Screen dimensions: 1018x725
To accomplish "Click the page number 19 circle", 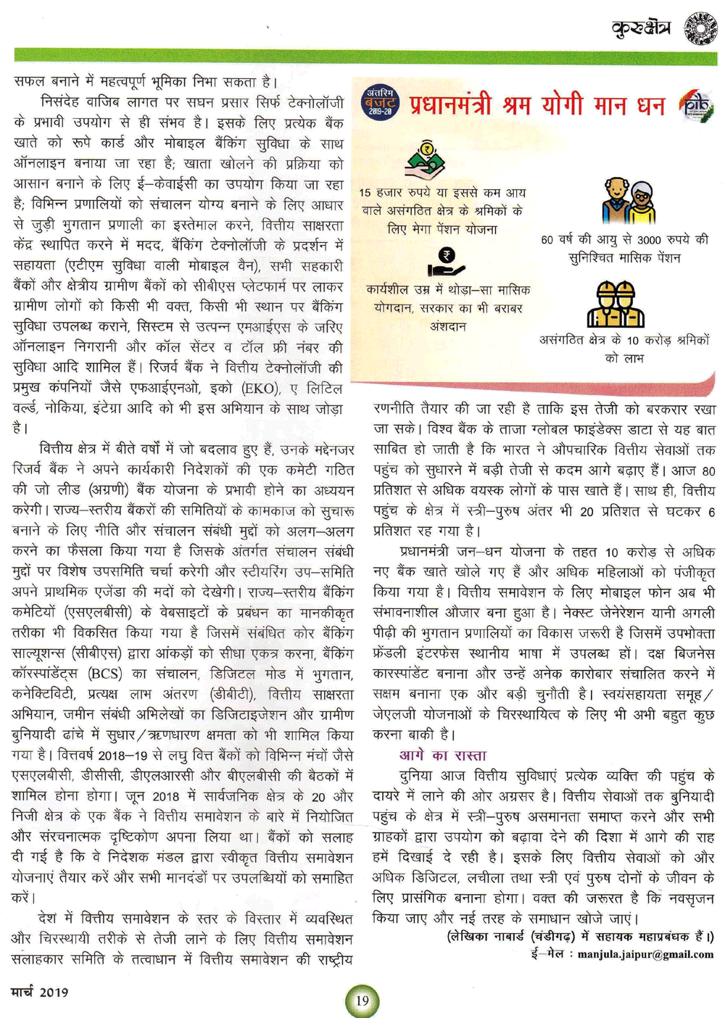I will [x=362, y=1001].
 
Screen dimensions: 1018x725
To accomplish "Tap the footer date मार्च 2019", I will [x=40, y=991].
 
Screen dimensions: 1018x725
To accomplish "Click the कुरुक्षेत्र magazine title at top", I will [x=642, y=28].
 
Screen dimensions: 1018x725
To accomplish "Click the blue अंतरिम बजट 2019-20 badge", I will [x=380, y=103].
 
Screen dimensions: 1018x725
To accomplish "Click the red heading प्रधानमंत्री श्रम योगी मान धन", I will [x=536, y=106].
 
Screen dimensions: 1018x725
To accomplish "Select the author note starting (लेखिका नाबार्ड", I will [x=580, y=936].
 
